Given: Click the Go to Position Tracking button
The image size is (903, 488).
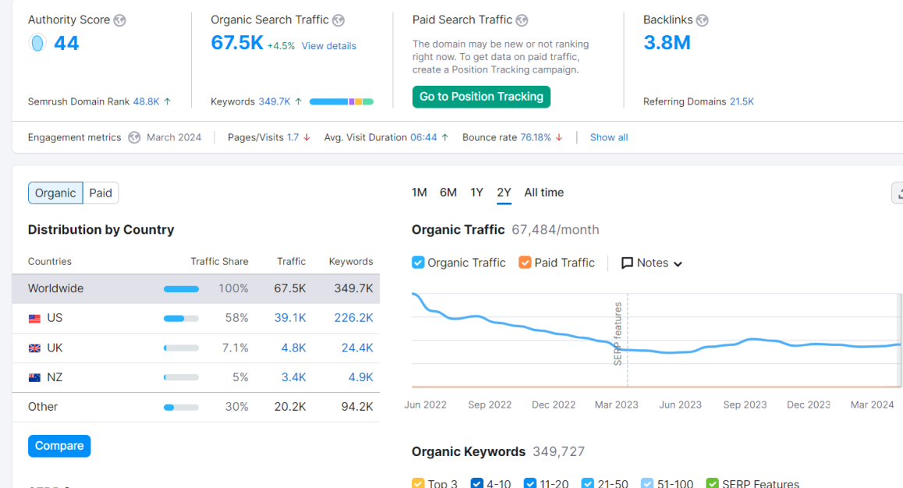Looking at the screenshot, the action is click(x=481, y=97).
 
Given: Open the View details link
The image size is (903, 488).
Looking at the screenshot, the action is click(x=329, y=46).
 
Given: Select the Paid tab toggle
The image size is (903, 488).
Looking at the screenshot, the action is click(x=101, y=193).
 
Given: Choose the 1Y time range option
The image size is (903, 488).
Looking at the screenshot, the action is click(x=476, y=193).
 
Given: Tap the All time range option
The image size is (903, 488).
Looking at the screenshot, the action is click(x=544, y=193).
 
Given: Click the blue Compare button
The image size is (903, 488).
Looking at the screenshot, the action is click(x=59, y=446).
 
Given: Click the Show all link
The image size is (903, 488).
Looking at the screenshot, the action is click(x=609, y=137).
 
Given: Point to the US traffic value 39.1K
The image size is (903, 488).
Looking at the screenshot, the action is click(x=290, y=317).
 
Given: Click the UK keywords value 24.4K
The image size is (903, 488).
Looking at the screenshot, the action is click(x=357, y=348).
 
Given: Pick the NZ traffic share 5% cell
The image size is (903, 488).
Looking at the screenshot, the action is click(x=240, y=377).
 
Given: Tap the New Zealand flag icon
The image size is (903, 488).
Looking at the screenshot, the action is click(x=34, y=377).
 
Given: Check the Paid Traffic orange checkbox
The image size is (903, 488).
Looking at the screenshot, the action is click(x=525, y=263).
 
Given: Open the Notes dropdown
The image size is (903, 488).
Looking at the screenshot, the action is click(x=652, y=263).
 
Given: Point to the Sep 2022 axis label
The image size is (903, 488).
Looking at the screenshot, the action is click(x=490, y=405).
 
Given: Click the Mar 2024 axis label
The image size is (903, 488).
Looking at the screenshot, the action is click(x=872, y=405).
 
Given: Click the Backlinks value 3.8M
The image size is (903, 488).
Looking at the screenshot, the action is click(x=667, y=43).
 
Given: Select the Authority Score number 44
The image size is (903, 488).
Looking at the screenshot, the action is click(x=66, y=43).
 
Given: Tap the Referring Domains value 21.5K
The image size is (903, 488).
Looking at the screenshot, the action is click(x=742, y=102).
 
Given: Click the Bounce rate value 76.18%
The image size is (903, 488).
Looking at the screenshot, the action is click(x=536, y=137).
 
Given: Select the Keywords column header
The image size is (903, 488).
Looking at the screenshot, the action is click(x=351, y=261).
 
